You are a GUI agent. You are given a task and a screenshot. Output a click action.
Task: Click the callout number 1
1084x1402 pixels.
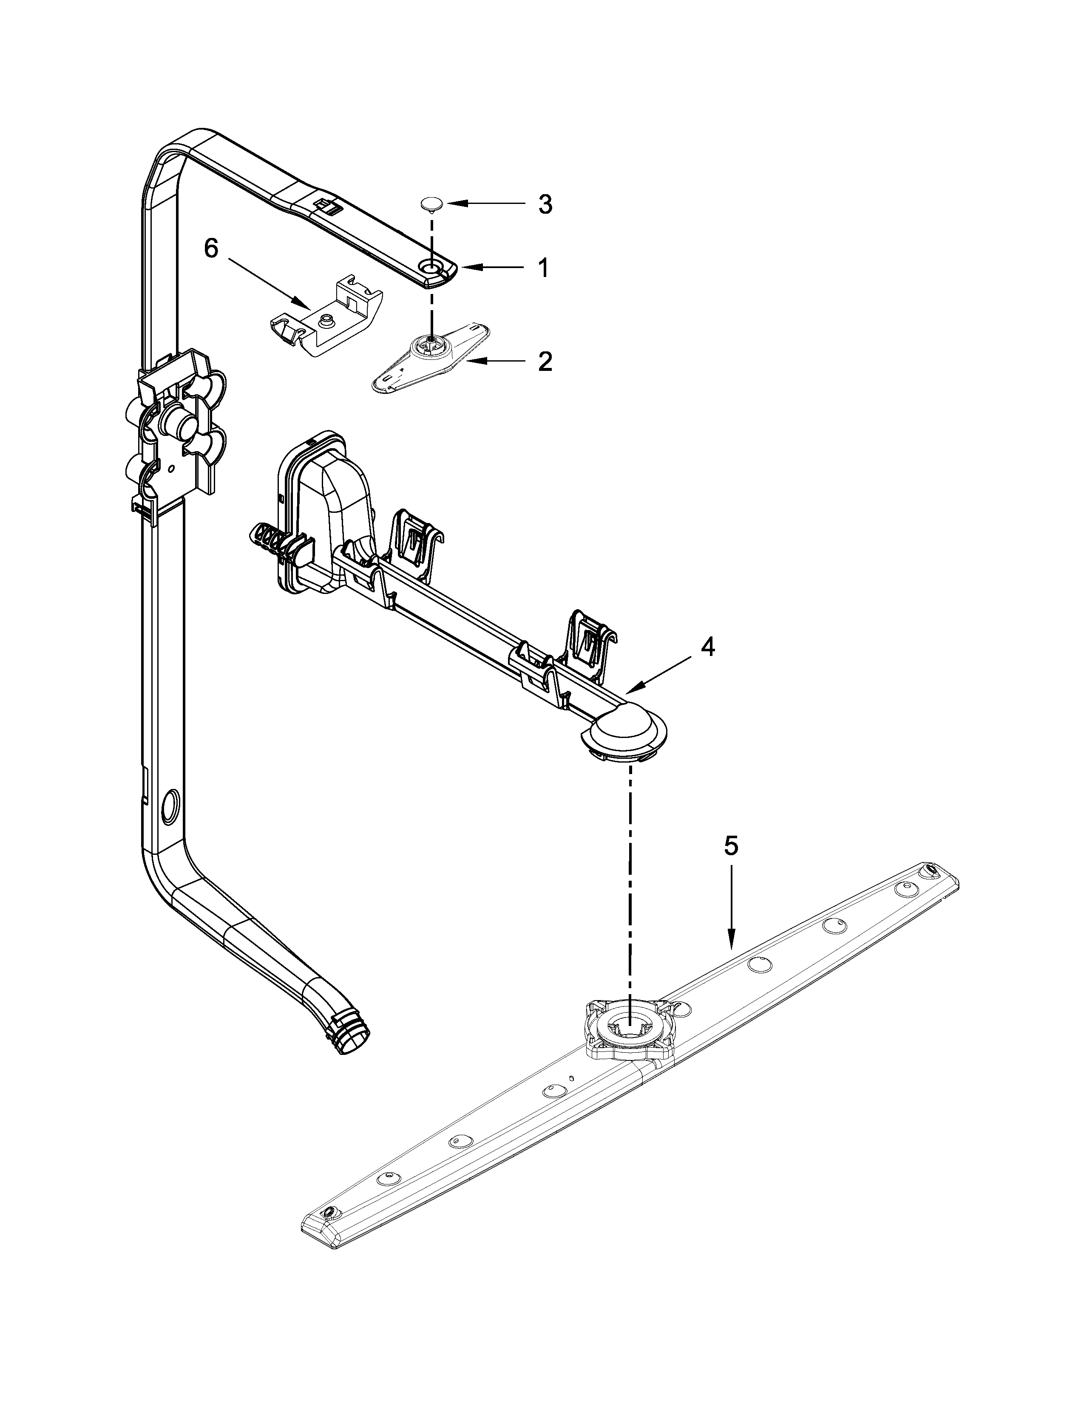543,268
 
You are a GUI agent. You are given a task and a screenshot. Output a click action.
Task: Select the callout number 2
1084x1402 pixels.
545,362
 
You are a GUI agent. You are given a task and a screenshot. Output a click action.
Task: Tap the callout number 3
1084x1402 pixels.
545,205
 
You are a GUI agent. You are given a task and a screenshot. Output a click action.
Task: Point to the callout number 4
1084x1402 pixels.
707,648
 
